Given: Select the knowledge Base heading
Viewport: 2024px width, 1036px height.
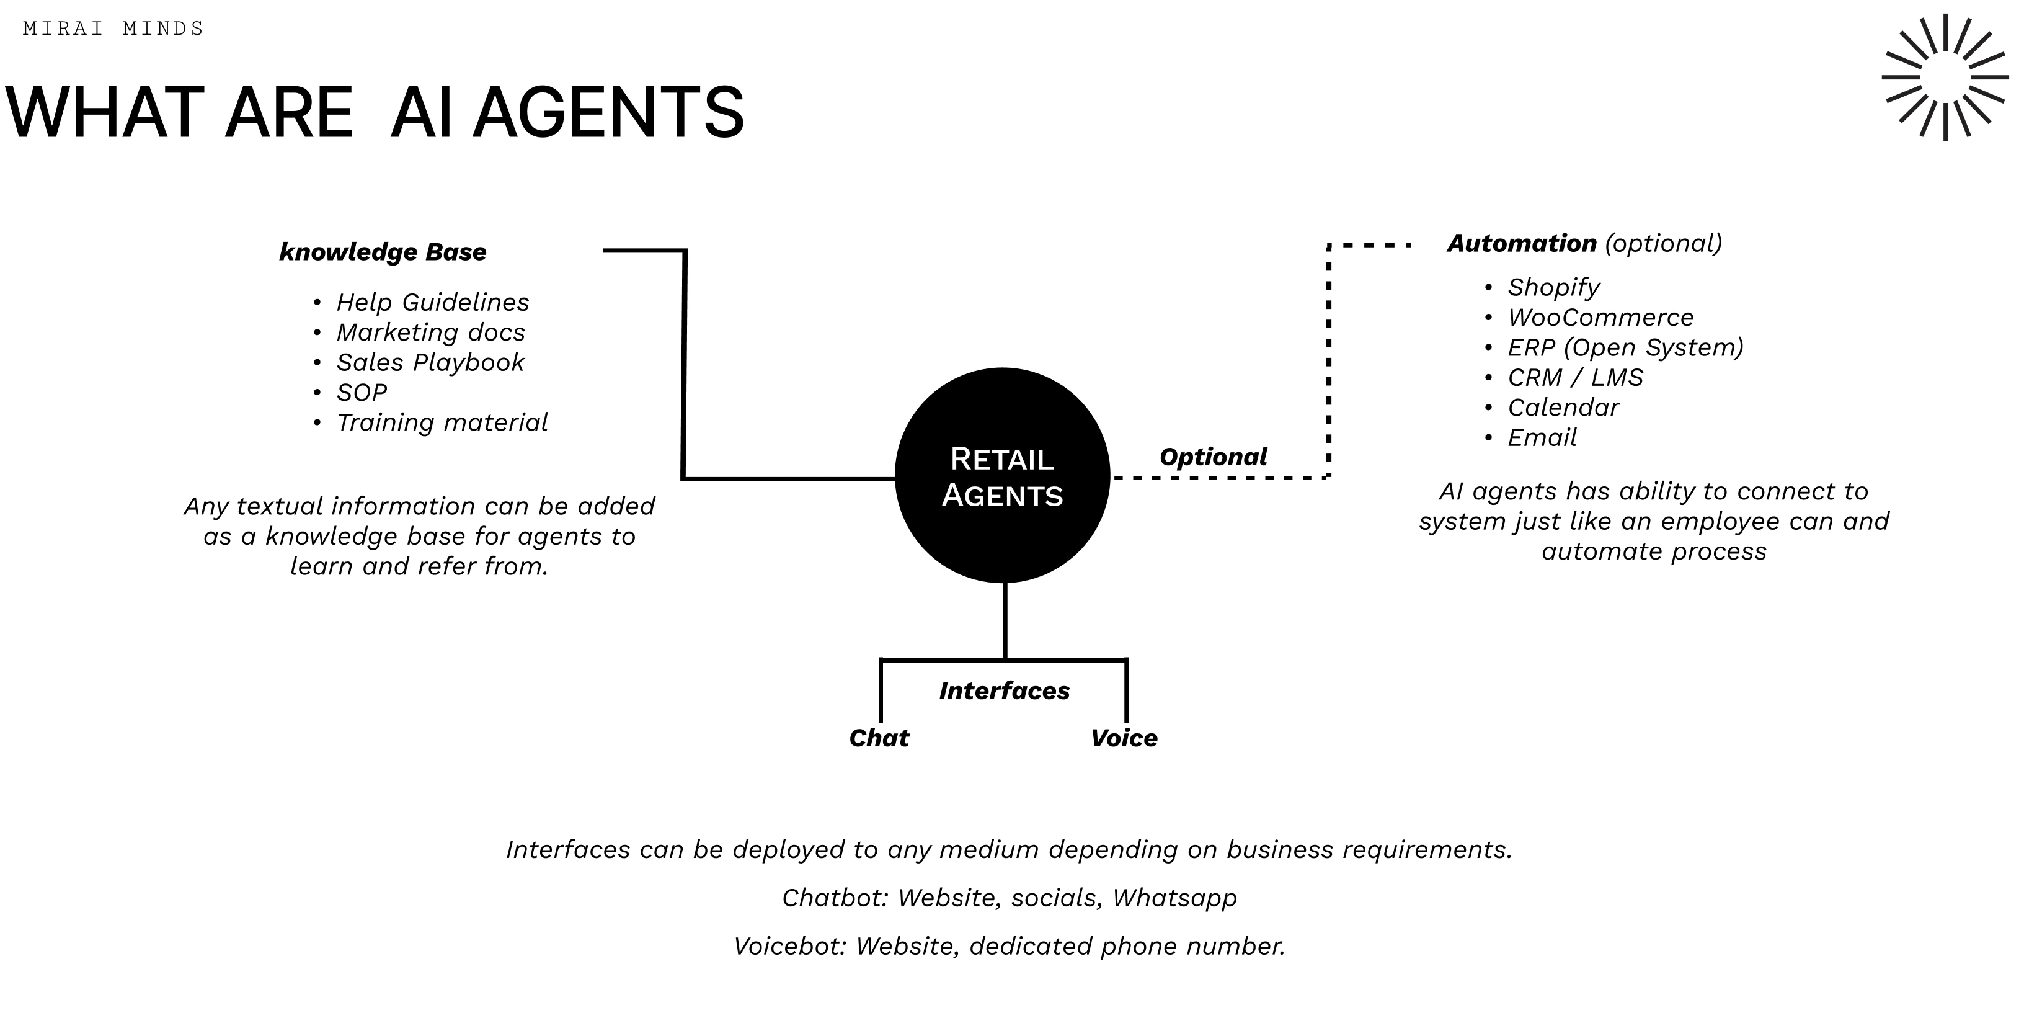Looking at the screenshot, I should click(383, 252).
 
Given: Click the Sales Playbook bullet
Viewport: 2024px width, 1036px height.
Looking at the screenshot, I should click(430, 362).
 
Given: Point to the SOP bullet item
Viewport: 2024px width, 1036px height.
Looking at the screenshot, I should click(362, 392).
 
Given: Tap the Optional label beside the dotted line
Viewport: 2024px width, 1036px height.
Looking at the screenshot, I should click(1212, 457).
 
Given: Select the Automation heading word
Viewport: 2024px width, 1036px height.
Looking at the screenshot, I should click(1521, 244).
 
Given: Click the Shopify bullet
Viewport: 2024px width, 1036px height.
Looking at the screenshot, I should click(1553, 288).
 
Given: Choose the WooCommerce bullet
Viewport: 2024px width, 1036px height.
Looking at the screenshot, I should click(1600, 318).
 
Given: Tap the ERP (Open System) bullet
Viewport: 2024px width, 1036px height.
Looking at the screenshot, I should click(1625, 347).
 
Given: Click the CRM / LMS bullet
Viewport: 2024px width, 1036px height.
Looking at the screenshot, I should click(1574, 378).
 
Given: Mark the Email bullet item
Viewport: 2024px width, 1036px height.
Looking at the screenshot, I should click(1542, 438).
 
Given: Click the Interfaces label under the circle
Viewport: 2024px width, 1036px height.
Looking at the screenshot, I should click(1004, 691).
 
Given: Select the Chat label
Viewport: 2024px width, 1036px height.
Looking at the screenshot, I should click(879, 738).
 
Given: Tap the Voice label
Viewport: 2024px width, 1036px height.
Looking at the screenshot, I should click(1124, 738).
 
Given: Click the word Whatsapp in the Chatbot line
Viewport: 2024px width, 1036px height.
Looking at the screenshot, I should click(1174, 898).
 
